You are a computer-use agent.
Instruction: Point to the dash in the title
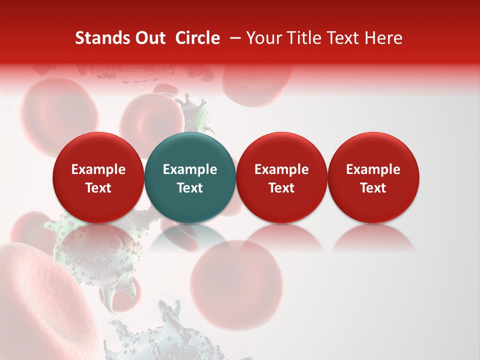coord(233,38)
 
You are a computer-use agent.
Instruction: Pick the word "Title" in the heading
coord(303,38)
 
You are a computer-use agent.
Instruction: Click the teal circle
coord(190,177)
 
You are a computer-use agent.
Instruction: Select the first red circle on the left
coord(98,177)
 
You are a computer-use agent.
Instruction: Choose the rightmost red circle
coord(373,177)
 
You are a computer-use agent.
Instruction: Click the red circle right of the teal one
coord(281,177)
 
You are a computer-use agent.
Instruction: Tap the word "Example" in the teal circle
coord(190,169)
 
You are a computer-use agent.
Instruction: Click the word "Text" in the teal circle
coord(190,188)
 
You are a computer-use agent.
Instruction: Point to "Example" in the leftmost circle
coord(98,169)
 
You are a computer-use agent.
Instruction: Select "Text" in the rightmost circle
coord(373,188)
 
